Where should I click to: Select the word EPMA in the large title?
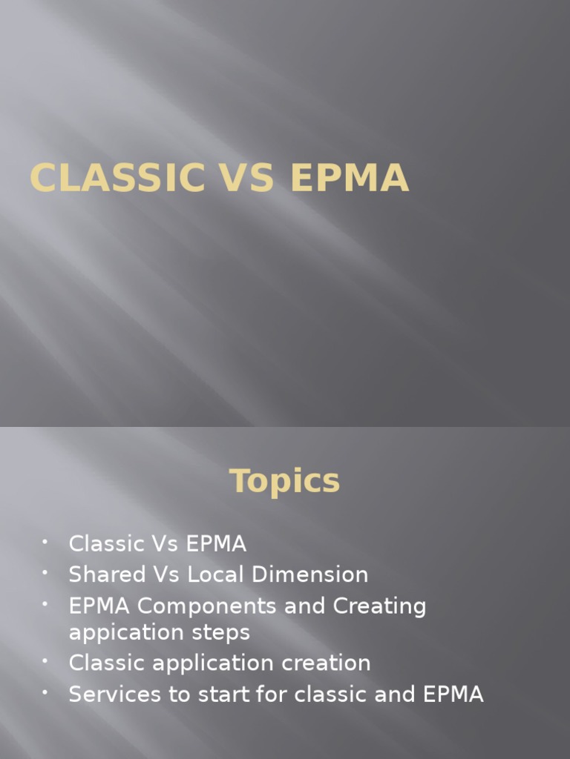pos(350,178)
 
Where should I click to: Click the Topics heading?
pos(285,481)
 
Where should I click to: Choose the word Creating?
pos(380,606)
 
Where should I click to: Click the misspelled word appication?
pos(123,633)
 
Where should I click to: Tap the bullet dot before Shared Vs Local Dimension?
pos(45,572)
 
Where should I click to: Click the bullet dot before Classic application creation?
pos(45,660)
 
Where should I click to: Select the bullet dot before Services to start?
pos(45,692)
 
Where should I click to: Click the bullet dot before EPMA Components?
pos(45,603)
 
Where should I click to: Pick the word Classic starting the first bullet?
pos(105,543)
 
